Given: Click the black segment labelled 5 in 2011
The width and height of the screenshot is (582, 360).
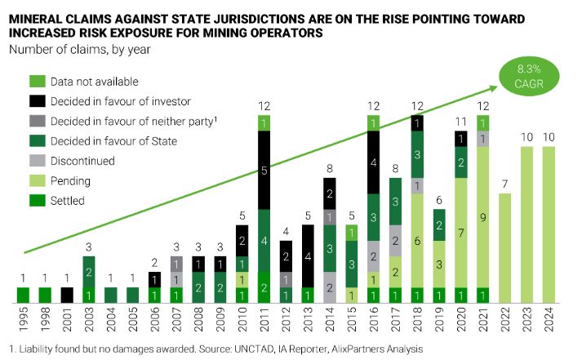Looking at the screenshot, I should point(264,170).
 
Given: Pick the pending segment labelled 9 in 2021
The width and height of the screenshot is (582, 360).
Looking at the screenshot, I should point(483,217).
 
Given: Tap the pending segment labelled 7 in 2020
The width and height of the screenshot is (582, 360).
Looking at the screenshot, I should point(461,233).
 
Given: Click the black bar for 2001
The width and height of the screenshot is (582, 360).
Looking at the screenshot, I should point(68,295).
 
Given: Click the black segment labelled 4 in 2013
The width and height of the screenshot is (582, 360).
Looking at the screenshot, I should point(309,256).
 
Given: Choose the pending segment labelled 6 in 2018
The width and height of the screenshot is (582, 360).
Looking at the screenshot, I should point(418,242).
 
